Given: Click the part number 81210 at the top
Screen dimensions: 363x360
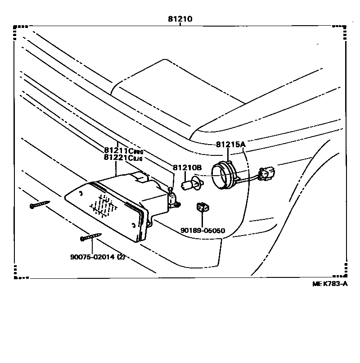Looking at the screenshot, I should tap(180, 19).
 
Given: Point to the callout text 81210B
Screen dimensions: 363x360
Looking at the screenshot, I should tap(187, 168).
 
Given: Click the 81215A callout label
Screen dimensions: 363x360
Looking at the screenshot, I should tap(230, 145).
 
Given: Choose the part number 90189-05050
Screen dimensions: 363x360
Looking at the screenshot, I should tap(202, 231).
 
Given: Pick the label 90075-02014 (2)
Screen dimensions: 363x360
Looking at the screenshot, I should tap(97, 257).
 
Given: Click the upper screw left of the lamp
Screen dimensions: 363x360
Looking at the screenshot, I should tap(40, 205).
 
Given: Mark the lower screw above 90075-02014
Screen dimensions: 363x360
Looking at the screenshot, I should tap(91, 236).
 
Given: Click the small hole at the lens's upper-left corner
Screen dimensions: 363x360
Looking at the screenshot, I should tap(80, 193).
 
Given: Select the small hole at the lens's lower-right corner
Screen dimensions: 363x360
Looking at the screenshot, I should tap(134, 225).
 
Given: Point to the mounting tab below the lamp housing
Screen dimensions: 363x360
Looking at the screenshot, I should tap(151, 221).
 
